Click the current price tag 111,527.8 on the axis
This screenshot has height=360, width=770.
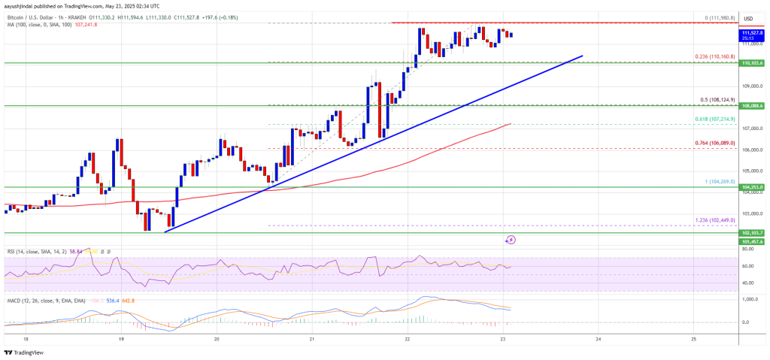[x=751, y=34]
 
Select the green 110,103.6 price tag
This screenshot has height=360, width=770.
[x=751, y=64]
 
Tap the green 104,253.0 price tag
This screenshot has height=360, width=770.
[x=751, y=186]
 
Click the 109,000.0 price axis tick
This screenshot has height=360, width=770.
[x=751, y=86]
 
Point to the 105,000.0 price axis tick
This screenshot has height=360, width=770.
[x=751, y=171]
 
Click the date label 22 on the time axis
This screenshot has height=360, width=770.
[x=407, y=338]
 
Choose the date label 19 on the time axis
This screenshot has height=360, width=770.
[x=121, y=338]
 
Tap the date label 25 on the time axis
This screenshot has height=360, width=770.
[x=693, y=338]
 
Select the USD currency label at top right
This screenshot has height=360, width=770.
[x=749, y=18]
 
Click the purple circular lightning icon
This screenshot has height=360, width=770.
[x=511, y=240]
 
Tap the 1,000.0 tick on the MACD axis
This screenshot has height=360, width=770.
[x=751, y=300]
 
